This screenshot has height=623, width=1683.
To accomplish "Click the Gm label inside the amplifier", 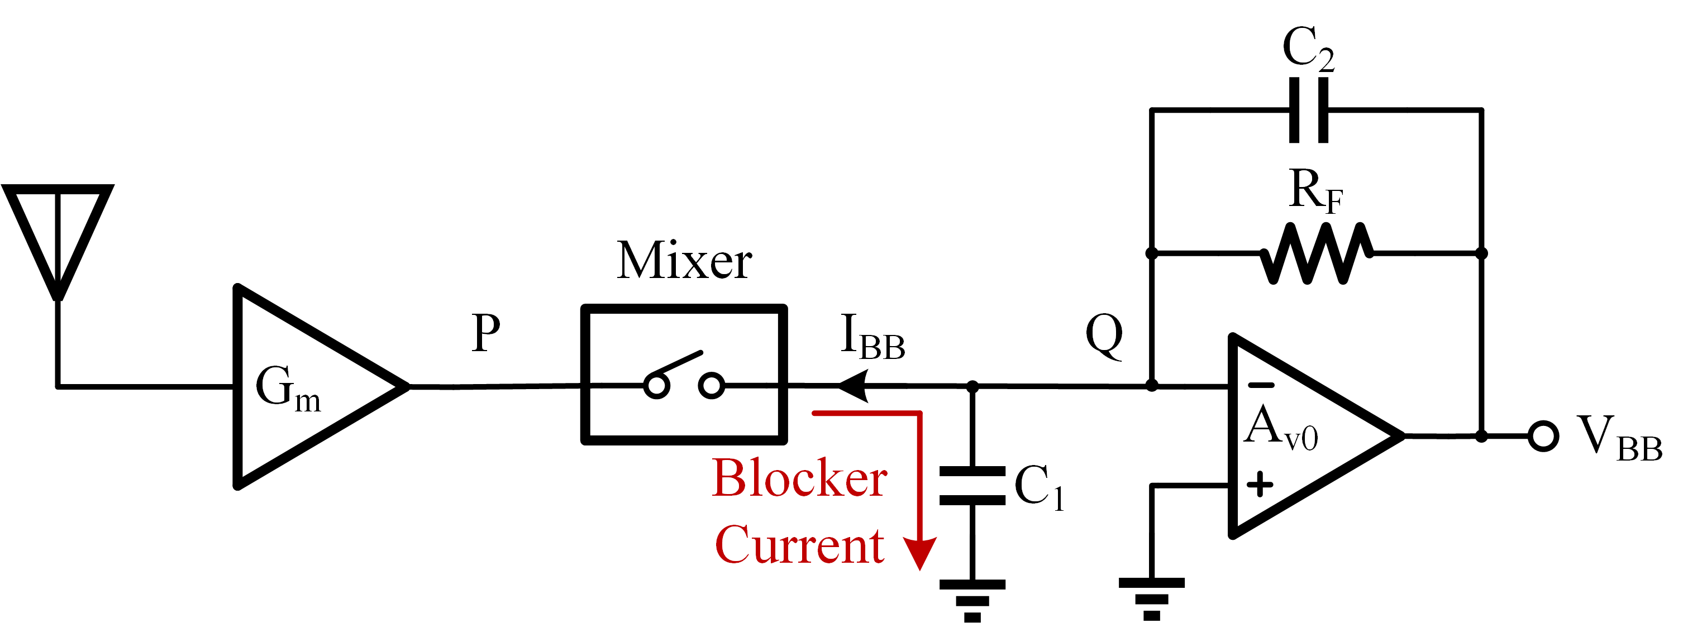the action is coord(288,389).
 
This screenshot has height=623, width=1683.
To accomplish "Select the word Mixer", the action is coord(684,261).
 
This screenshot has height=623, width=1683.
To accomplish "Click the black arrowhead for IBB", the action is coord(852,387).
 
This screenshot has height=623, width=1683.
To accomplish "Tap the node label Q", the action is coord(1104,335).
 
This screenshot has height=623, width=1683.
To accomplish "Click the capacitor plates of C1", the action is coord(972,486).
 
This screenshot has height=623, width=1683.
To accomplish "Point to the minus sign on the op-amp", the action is coord(1261,385).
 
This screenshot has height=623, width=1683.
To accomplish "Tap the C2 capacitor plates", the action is coord(1309,110).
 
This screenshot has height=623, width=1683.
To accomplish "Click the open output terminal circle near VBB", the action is coord(1543,436).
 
